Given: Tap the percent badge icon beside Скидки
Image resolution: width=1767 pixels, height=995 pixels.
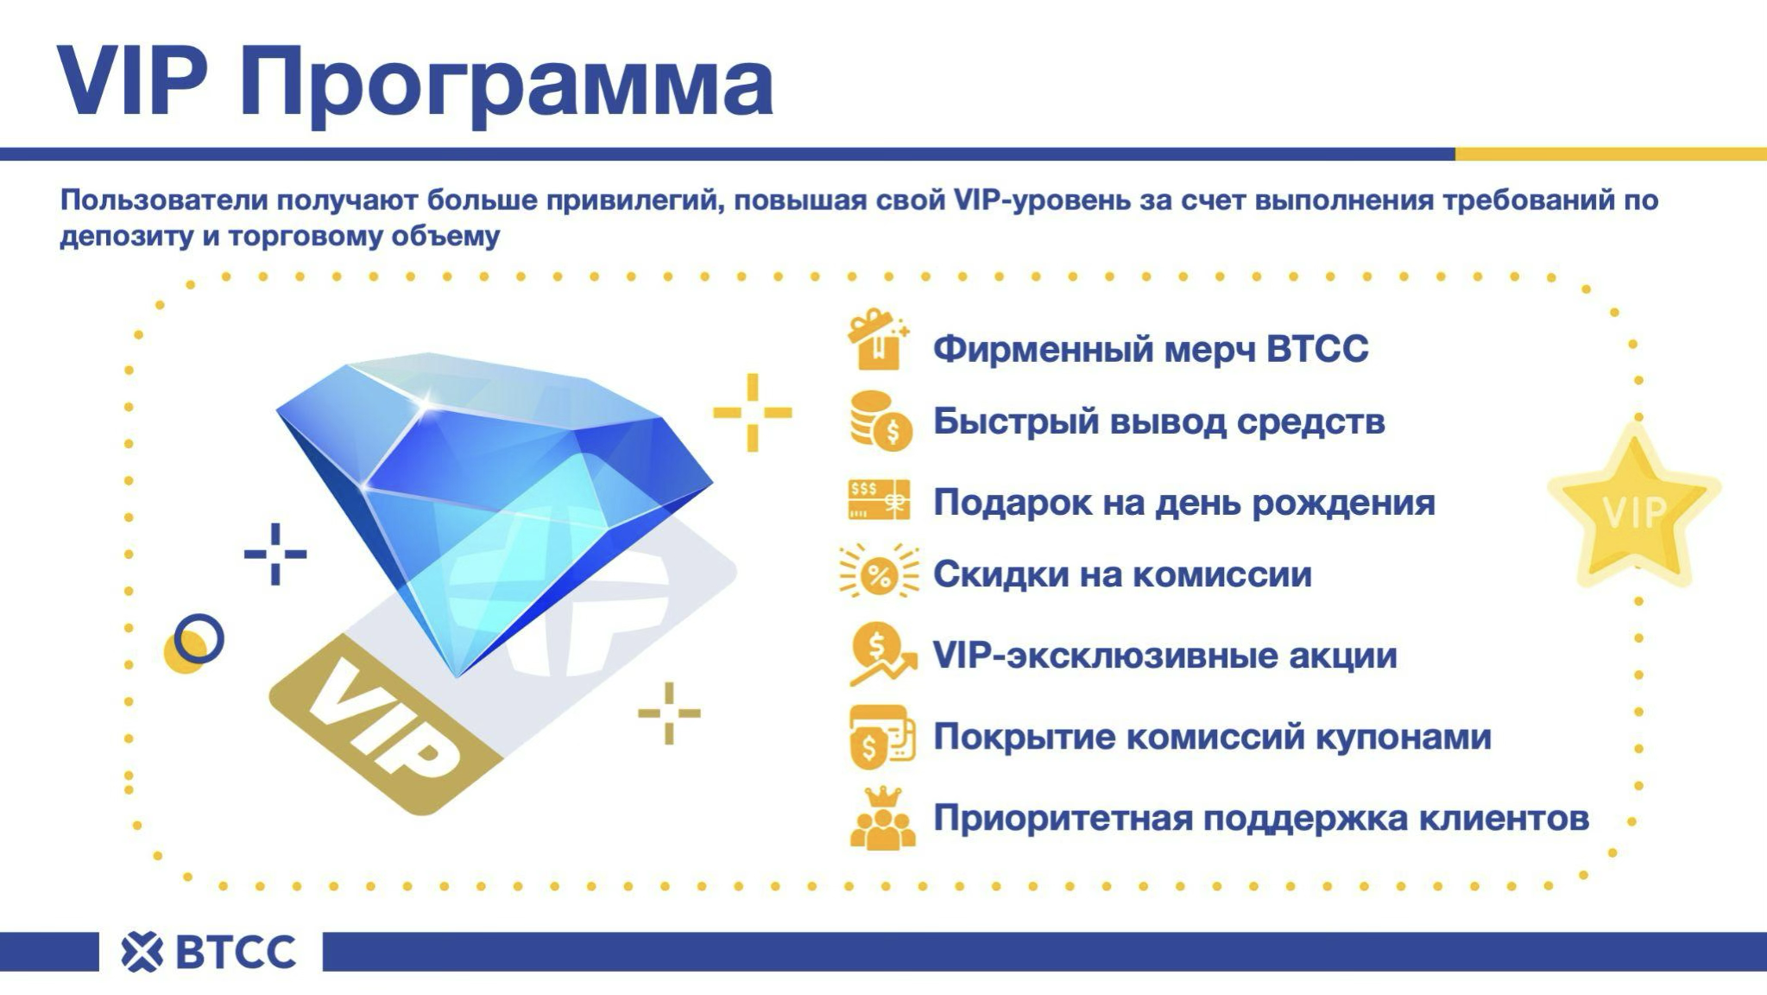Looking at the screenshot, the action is (879, 573).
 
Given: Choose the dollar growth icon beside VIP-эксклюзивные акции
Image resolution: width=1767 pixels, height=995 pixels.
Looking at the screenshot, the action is (881, 656).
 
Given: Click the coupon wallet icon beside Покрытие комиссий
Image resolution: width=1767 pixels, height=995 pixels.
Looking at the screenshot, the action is (881, 737).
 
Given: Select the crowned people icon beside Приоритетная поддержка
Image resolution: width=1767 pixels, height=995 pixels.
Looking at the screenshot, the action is (882, 817).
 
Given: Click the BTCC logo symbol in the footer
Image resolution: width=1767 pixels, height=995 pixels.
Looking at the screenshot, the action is (142, 952).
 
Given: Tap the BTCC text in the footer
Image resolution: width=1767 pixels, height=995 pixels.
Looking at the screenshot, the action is (236, 952).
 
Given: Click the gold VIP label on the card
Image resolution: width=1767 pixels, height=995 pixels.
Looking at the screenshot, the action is (384, 724).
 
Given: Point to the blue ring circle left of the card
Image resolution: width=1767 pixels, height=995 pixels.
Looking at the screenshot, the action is (199, 639).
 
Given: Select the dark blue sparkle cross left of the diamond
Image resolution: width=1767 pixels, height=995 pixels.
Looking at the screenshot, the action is (275, 554).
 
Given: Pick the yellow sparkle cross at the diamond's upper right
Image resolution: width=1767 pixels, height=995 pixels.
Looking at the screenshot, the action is (752, 412).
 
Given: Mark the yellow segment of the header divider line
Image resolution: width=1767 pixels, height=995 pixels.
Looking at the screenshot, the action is (1611, 154).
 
